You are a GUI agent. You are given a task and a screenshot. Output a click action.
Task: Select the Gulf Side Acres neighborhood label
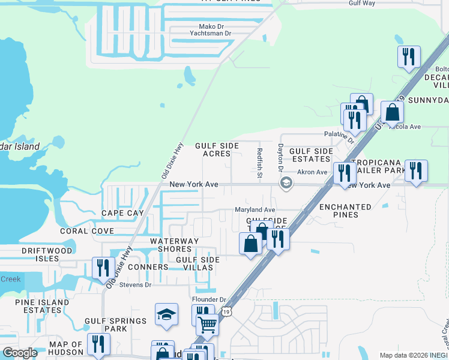point(217,150)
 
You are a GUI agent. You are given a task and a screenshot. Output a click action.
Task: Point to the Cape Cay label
point(122,213)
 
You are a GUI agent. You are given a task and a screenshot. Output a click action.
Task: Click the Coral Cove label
point(87,231)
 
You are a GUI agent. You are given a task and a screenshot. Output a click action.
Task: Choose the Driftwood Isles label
point(47,254)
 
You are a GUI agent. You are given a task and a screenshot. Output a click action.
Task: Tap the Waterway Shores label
point(174,245)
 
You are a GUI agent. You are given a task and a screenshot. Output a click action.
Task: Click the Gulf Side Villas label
point(197,263)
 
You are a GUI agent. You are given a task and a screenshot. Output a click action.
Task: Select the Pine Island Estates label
point(38,306)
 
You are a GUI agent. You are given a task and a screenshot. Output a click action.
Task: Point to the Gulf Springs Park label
point(115,325)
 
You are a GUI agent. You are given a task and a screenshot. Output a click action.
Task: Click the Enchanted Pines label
point(345,211)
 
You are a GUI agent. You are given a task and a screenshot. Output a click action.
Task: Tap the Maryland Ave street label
point(255,210)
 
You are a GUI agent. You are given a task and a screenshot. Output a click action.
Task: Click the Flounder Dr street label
point(208,299)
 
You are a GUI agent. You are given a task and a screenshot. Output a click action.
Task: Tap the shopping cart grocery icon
point(207,325)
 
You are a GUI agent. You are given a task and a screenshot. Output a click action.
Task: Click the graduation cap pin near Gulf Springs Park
point(166,314)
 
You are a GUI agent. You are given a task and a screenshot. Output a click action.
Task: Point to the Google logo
point(20,353)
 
